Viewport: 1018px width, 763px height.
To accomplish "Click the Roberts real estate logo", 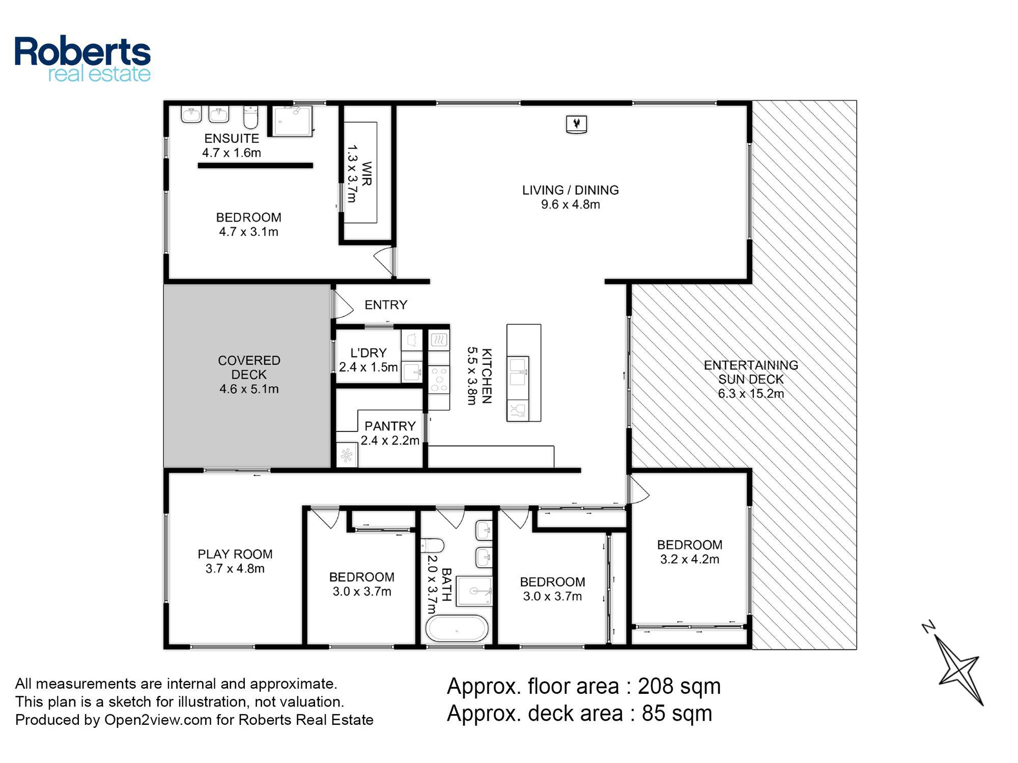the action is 82,59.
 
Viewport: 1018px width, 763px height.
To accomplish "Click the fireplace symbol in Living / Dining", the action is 577,124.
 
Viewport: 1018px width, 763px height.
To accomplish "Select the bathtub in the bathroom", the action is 457,629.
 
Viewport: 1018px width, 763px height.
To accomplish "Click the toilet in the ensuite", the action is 250,116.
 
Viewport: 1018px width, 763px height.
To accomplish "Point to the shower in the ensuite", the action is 292,121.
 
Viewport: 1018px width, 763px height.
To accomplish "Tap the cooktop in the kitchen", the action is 438,379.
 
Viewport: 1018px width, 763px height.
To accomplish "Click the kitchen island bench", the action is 523,373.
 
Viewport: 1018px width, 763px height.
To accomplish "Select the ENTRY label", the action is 386,305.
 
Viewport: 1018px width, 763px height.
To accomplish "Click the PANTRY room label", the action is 390,426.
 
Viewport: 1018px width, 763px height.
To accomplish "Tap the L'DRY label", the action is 369,353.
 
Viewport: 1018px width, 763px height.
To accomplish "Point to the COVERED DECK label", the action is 249,367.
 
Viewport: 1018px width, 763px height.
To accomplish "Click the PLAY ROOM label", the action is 235,554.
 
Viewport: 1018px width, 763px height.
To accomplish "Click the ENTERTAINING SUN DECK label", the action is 751,372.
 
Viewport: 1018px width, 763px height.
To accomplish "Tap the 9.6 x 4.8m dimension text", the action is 571,204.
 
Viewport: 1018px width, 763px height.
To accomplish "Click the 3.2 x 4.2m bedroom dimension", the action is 690,560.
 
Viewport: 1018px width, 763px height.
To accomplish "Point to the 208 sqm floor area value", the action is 679,686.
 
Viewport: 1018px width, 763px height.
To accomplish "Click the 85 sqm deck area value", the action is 677,713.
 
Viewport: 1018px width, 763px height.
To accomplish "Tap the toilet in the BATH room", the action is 432,546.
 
